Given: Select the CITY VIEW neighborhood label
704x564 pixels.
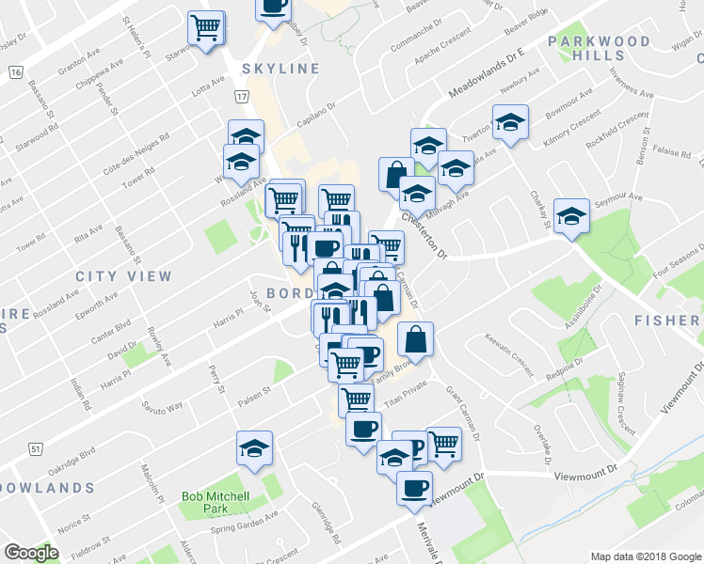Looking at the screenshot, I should [x=124, y=276].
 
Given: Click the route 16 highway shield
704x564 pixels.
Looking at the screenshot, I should [x=15, y=72].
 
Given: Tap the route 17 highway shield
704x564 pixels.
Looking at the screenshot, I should [x=242, y=97].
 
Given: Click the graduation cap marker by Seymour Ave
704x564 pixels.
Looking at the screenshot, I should [x=570, y=216].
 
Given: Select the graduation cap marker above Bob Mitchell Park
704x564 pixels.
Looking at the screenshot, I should [x=254, y=447].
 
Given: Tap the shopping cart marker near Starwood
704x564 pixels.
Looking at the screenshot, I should [x=206, y=26].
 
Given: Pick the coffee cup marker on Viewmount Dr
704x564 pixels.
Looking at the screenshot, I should [x=414, y=487].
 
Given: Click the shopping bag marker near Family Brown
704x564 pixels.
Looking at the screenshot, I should [x=415, y=338].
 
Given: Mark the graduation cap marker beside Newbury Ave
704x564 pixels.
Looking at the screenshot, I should [x=510, y=121].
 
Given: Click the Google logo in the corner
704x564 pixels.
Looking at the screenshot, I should [x=31, y=553].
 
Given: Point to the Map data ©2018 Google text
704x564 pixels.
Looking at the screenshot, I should [x=645, y=556].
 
